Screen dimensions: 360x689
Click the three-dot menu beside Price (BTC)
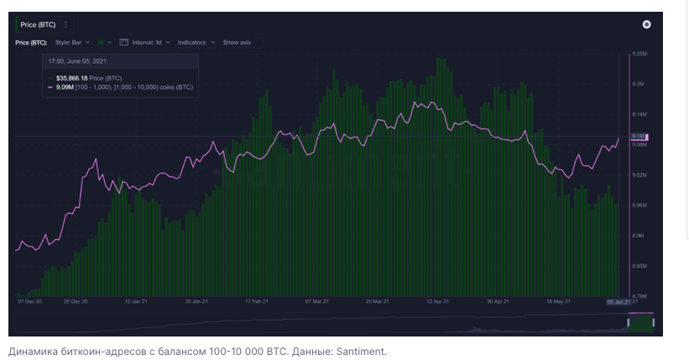pos(66,25)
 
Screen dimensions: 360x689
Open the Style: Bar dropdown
pos(73,42)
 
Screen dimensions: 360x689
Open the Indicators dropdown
pos(196,42)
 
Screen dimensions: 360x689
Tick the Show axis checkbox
pos(237,42)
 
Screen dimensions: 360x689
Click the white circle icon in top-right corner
pos(646,25)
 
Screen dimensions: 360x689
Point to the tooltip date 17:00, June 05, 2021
pos(77,61)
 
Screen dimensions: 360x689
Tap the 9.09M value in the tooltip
pos(65,86)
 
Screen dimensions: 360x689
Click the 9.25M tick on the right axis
pos(639,54)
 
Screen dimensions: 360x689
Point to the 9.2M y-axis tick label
pos(638,84)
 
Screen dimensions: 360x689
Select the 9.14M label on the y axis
pos(639,114)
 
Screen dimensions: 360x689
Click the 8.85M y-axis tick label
pos(639,266)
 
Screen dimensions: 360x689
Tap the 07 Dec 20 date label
pos(29,300)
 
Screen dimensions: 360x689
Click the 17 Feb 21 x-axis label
pos(257,300)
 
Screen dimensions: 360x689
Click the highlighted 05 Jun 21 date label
pos(619,301)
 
